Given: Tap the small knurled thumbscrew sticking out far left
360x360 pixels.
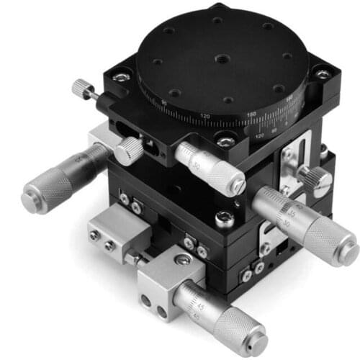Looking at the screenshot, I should pyautogui.click(x=80, y=89).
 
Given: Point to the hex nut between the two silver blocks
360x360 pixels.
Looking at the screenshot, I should pyautogui.click(x=134, y=256).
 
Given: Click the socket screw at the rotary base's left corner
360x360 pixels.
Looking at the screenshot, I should pyautogui.click(x=120, y=74).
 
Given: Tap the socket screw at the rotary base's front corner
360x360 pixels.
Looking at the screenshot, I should pyautogui.click(x=225, y=143).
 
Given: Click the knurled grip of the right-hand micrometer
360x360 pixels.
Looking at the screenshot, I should pyautogui.click(x=325, y=234).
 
